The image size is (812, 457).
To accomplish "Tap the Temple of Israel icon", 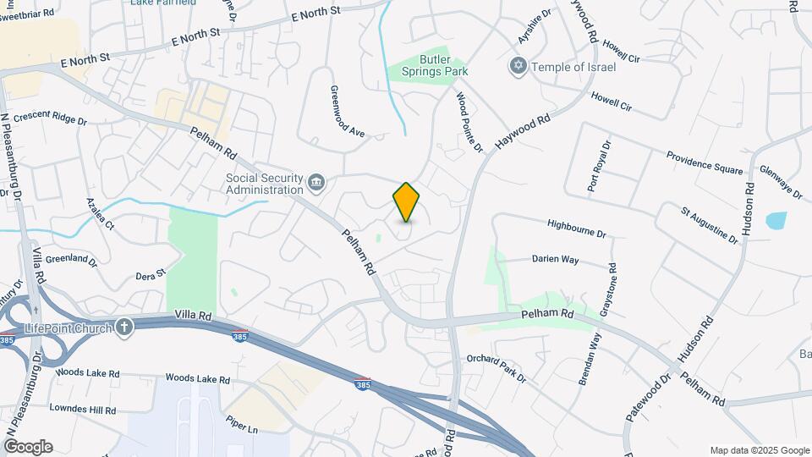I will click(x=518, y=66).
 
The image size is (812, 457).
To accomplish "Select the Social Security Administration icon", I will click(x=315, y=183).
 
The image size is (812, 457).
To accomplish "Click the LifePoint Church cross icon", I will click(x=124, y=326).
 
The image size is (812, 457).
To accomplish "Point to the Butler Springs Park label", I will click(x=445, y=65).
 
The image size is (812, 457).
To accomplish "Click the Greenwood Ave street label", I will click(x=346, y=111).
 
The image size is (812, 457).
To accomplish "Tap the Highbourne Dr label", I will click(x=577, y=229).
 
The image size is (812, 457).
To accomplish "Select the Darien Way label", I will click(x=555, y=260).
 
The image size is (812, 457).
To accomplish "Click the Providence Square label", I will click(x=704, y=162).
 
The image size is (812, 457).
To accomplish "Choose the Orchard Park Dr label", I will click(x=496, y=367).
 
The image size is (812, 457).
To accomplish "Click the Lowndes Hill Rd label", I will click(x=82, y=410).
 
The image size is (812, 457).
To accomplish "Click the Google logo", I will click(x=28, y=446).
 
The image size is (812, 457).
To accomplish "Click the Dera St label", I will click(x=151, y=276).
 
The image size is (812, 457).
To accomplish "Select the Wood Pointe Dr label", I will click(x=469, y=124).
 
